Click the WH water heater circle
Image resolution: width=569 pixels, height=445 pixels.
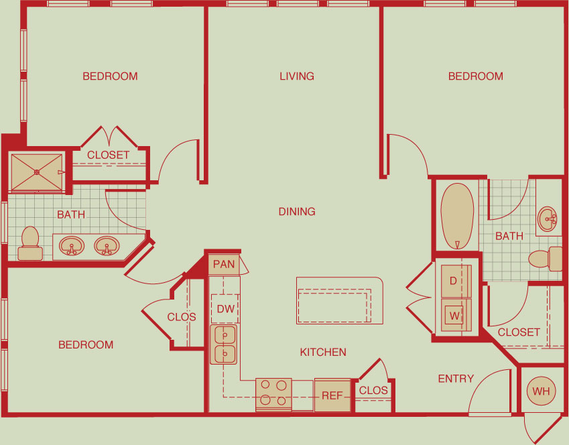(541, 391)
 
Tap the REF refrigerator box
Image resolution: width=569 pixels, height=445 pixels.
(332, 395)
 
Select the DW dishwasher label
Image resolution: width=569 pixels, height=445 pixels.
(225, 309)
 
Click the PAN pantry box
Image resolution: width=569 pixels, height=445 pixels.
(224, 264)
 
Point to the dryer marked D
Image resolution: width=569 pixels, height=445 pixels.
(456, 281)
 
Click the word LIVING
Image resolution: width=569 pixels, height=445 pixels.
(297, 76)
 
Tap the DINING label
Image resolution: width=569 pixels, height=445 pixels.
(297, 212)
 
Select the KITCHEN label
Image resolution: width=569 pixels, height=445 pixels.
(323, 352)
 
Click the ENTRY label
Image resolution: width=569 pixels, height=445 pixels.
(456, 379)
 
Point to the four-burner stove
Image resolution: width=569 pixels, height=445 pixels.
(273, 395)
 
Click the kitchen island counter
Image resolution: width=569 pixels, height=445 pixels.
(340, 300)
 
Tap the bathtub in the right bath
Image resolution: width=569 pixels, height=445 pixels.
(457, 216)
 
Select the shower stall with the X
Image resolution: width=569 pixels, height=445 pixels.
(37, 172)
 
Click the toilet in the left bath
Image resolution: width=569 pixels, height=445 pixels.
(30, 243)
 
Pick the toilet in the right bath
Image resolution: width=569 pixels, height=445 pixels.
(545, 259)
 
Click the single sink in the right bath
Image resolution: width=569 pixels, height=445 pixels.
(548, 219)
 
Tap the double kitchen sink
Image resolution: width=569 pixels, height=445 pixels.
(224, 344)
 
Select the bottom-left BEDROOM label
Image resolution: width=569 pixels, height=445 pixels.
(86, 344)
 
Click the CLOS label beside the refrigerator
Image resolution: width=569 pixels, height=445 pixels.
(373, 390)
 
